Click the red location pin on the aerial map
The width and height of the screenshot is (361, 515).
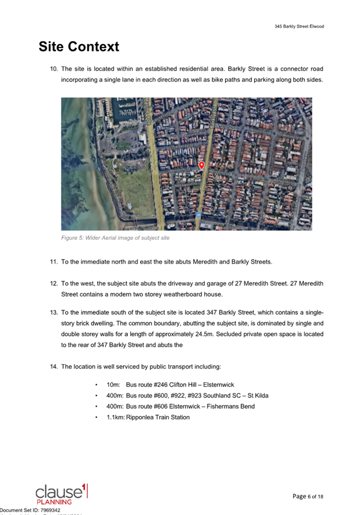pyautogui.click(x=201, y=165)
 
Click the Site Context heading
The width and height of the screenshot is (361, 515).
pyautogui.click(x=79, y=46)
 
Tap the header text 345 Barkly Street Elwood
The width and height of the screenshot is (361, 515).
pyautogui.click(x=299, y=27)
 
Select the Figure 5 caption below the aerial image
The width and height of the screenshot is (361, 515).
pyautogui.click(x=115, y=238)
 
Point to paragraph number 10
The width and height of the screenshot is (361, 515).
pyautogui.click(x=54, y=69)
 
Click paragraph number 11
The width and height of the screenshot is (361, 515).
pyautogui.click(x=54, y=262)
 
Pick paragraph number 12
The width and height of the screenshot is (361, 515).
pyautogui.click(x=54, y=283)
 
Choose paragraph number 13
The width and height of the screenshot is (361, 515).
pyautogui.click(x=54, y=312)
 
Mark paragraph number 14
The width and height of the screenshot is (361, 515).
pyautogui.click(x=54, y=367)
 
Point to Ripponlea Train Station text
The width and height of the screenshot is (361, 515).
pyautogui.click(x=158, y=417)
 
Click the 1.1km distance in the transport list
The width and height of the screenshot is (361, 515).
pyautogui.click(x=115, y=417)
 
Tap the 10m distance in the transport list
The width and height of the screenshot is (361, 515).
pyautogui.click(x=113, y=384)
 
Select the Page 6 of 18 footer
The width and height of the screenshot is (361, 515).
pyautogui.click(x=308, y=496)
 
